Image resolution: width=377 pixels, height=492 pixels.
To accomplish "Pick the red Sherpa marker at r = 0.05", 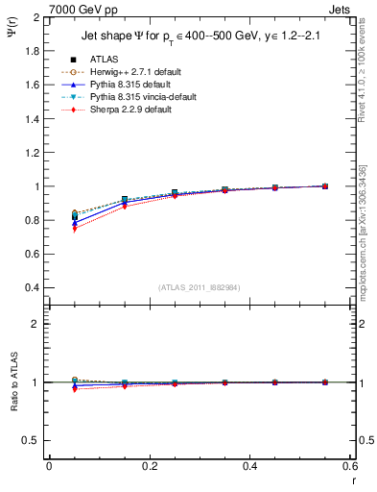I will [x=75, y=229].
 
